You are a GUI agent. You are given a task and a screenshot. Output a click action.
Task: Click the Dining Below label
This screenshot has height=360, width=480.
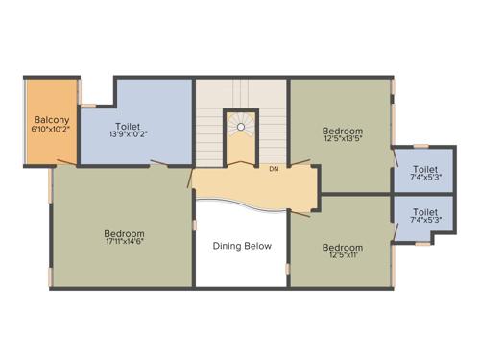(x=242, y=246)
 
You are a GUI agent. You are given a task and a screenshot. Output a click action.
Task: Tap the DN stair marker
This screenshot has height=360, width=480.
(x=274, y=169)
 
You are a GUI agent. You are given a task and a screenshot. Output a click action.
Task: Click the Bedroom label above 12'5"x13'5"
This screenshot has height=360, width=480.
(x=342, y=131)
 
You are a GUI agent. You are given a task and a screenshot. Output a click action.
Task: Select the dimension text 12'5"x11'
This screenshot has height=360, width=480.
(x=342, y=254)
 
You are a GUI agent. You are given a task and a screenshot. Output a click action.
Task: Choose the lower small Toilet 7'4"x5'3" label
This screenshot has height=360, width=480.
(x=425, y=210)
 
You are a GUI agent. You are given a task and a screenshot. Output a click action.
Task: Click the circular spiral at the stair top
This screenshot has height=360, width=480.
(x=242, y=124)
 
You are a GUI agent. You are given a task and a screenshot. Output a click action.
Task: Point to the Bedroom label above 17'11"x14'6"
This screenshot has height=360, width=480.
(x=125, y=233)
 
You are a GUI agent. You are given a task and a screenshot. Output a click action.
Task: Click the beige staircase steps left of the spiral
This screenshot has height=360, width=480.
(x=210, y=134)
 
